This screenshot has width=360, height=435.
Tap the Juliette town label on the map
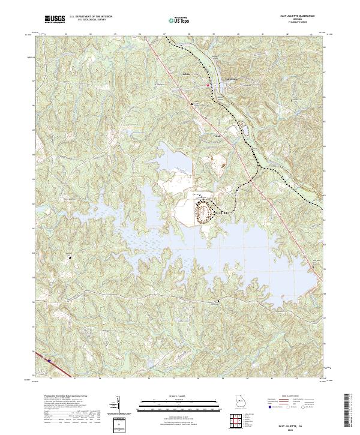(187, 74)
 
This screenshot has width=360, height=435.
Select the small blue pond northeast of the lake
(242, 128)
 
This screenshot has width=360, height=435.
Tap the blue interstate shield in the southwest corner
(49, 361)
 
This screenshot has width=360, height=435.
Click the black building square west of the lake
(70, 257)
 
